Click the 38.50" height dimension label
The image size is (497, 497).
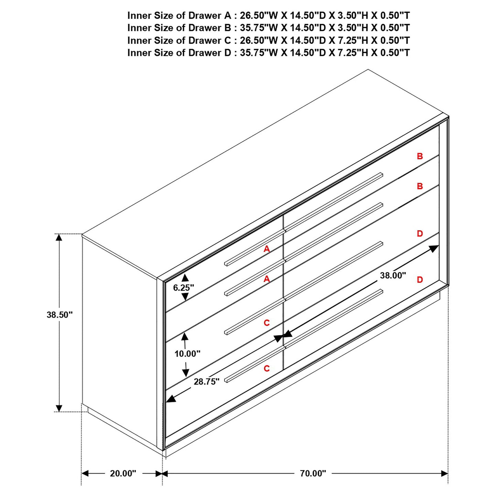(60, 315)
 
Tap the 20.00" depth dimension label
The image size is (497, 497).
(123, 473)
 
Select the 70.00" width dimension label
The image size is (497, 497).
(313, 473)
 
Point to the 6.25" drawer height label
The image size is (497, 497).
(183, 288)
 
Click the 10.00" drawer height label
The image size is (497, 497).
(187, 354)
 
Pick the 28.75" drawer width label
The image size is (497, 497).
(206, 381)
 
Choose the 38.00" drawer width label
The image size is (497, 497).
(393, 275)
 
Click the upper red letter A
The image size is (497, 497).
(267, 249)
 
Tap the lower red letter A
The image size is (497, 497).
(267, 279)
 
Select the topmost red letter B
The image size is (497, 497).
(420, 156)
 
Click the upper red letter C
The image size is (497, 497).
(267, 323)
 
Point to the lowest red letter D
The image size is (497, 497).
(420, 280)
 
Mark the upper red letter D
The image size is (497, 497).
(420, 234)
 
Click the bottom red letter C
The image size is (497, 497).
(267, 368)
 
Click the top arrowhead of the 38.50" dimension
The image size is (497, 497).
(59, 237)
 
